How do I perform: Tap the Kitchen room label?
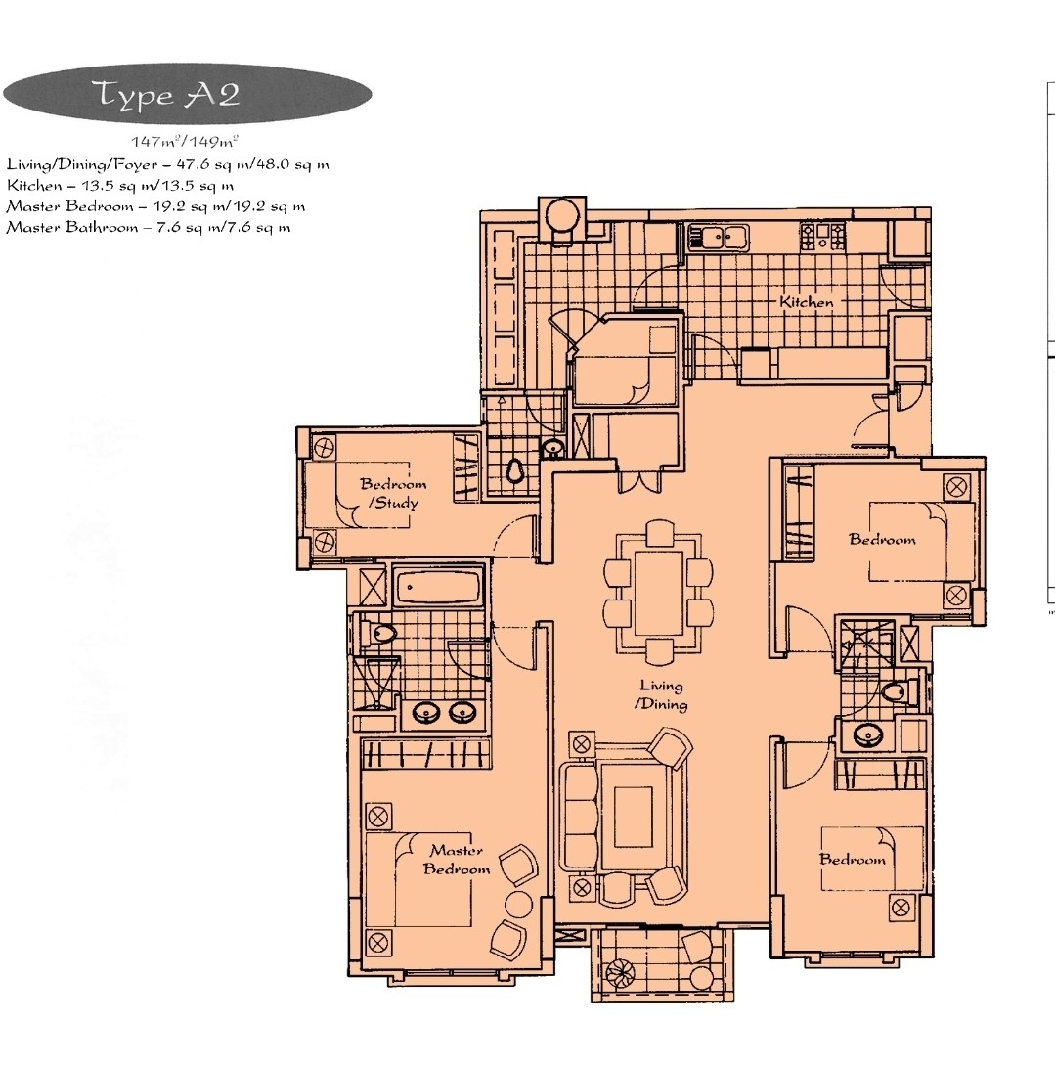(807, 302)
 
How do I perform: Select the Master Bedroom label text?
(456, 860)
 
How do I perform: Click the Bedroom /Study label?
(392, 493)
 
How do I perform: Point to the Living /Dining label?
(662, 695)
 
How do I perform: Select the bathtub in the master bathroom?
(438, 588)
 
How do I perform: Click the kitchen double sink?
(719, 236)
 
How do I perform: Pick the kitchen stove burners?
(822, 235)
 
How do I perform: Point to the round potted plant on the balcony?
(621, 973)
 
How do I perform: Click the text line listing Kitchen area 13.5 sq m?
(120, 184)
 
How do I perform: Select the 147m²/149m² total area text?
(186, 143)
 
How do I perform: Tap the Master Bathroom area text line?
(149, 227)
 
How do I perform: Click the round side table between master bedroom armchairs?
(518, 902)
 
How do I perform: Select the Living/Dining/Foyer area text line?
(167, 163)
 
